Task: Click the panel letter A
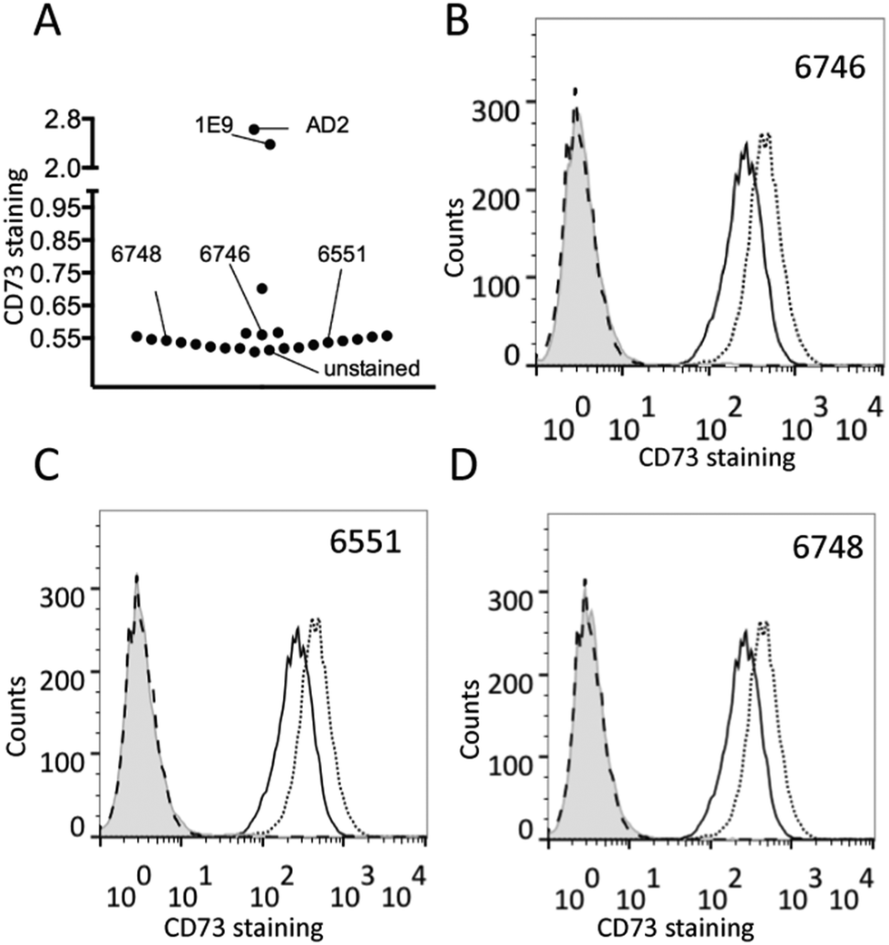[47, 24]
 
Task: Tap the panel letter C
[46, 465]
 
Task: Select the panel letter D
[464, 465]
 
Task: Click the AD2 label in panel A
[327, 126]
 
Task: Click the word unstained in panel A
[372, 368]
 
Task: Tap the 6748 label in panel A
[136, 254]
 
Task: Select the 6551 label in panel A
[342, 254]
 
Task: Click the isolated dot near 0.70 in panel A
[262, 288]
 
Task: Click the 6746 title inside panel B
[829, 68]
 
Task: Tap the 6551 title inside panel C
[366, 541]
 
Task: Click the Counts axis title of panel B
[454, 236]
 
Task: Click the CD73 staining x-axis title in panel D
[676, 928]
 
